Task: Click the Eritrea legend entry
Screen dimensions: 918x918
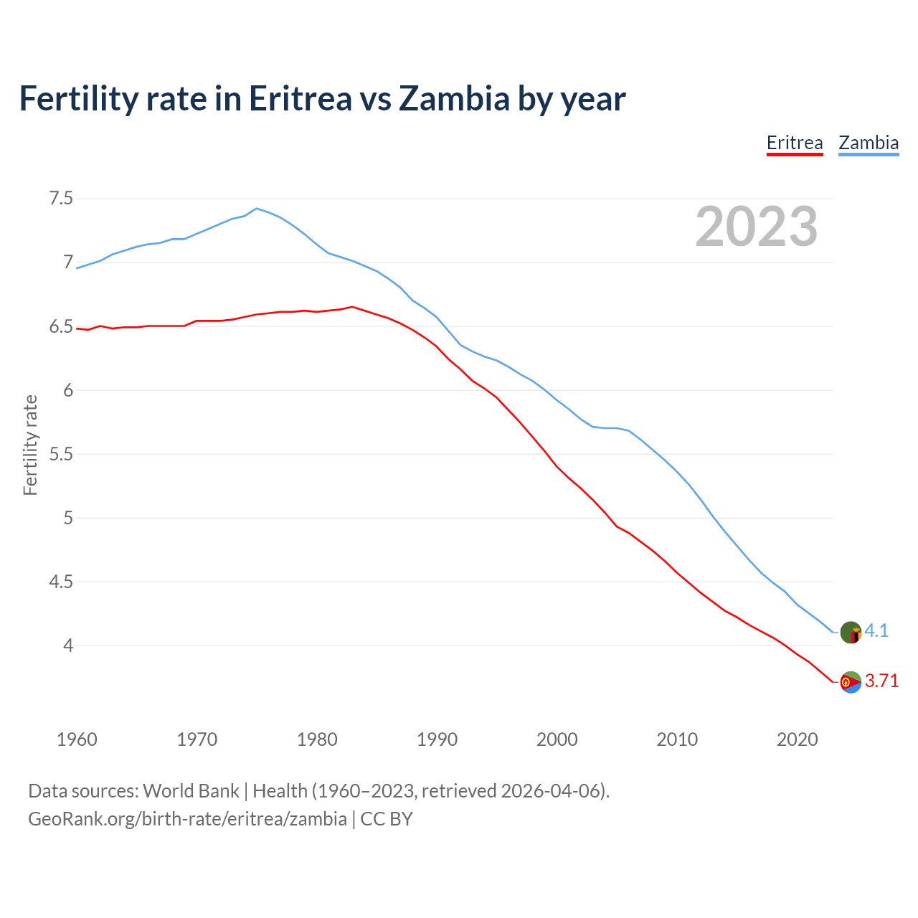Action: tap(795, 143)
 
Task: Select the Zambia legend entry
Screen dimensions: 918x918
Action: tap(869, 143)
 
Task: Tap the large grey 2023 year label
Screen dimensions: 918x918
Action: tap(757, 227)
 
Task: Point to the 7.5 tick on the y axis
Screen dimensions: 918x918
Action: tap(61, 198)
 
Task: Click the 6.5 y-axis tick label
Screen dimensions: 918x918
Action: tap(61, 327)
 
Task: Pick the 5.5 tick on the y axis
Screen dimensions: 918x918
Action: tap(61, 454)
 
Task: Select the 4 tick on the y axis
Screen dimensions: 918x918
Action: tap(68, 645)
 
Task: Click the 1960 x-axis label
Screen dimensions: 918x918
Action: tap(77, 739)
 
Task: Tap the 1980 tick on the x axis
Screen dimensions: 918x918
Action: tap(317, 739)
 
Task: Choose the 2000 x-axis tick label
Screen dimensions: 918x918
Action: tap(557, 739)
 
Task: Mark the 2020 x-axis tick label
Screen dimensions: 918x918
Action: tap(797, 739)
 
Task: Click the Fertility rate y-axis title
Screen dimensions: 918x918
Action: tap(30, 445)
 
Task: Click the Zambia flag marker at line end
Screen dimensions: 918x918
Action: tap(851, 633)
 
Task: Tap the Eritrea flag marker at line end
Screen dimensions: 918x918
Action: tap(851, 682)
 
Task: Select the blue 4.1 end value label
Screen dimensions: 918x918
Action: tap(876, 630)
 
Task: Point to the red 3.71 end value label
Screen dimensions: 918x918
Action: tap(881, 681)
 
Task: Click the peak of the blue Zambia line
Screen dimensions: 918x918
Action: tap(257, 208)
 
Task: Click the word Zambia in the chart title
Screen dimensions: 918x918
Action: tap(454, 98)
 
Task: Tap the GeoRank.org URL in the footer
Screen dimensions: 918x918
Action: tap(187, 819)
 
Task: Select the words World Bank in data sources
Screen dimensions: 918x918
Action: tap(191, 791)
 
